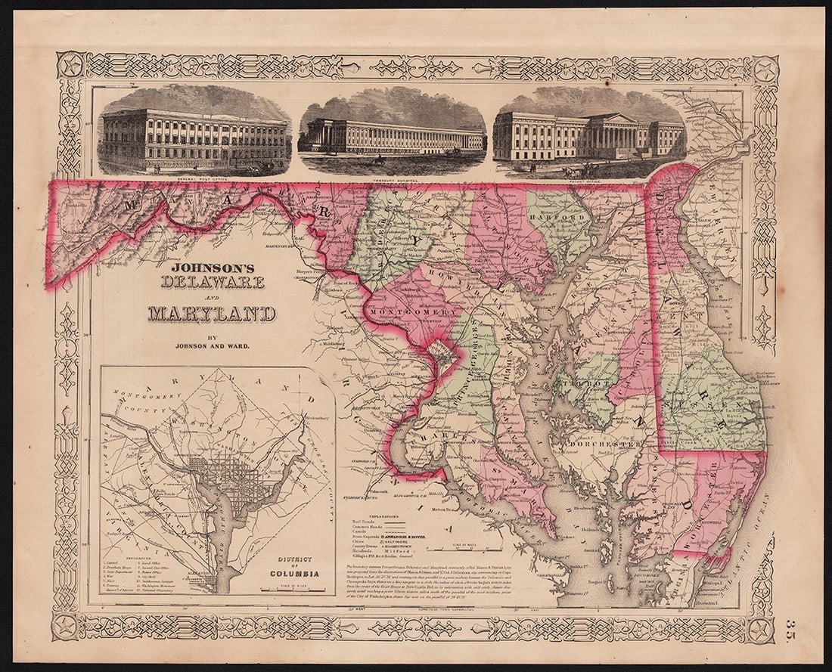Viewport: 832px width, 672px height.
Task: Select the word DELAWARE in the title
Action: coord(213,282)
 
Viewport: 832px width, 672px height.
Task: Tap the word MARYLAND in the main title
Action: coord(212,313)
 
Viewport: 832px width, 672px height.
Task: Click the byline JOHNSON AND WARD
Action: coord(213,346)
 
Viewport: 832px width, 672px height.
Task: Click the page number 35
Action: coord(790,627)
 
